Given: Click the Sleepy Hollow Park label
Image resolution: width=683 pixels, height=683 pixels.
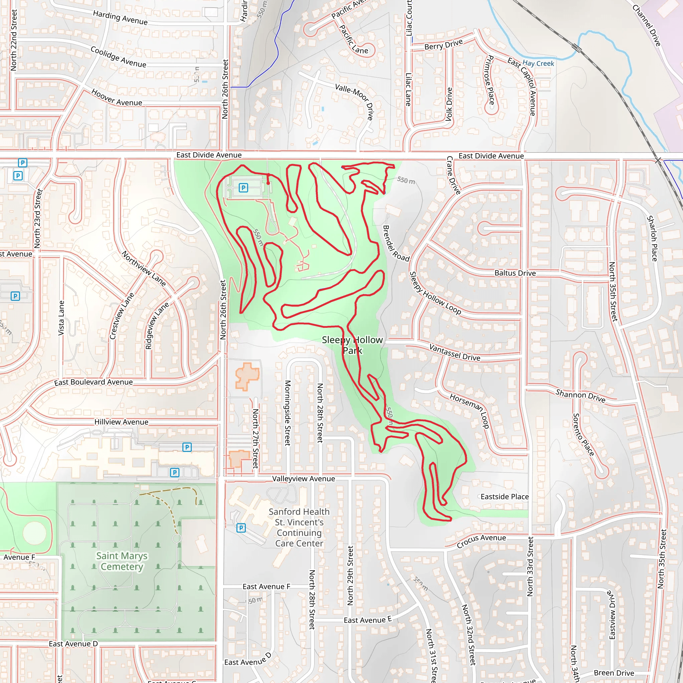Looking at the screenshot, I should [x=352, y=345].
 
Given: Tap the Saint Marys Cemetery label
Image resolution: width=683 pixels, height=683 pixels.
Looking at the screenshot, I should [x=122, y=561].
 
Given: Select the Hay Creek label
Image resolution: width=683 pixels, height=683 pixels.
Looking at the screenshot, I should [x=538, y=64].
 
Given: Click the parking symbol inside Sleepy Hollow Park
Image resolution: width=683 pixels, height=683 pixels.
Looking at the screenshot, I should [x=243, y=187].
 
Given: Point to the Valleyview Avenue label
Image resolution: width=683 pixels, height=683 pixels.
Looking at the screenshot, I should [x=303, y=479].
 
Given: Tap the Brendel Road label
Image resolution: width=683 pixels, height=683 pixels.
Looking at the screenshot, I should [x=396, y=243].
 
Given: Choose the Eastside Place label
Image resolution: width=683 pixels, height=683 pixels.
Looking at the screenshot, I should [x=505, y=497].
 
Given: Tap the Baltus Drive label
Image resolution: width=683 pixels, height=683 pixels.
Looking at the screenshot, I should [x=515, y=273].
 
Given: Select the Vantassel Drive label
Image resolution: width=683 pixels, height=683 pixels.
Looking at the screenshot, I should [x=455, y=353].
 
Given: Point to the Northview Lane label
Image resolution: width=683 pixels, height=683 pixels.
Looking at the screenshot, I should [x=143, y=268].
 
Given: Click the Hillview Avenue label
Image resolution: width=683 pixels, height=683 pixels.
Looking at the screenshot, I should [x=121, y=422].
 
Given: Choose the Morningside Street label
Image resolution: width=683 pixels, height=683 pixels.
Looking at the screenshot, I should [x=288, y=413].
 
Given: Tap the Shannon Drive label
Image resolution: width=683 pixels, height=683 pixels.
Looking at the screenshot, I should [x=581, y=396].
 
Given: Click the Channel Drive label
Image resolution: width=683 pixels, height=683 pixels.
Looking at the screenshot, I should [x=647, y=25].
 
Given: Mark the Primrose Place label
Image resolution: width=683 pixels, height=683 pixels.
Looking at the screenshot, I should [x=490, y=80].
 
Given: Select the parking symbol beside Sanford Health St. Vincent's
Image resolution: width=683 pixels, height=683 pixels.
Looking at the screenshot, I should [x=241, y=528].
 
